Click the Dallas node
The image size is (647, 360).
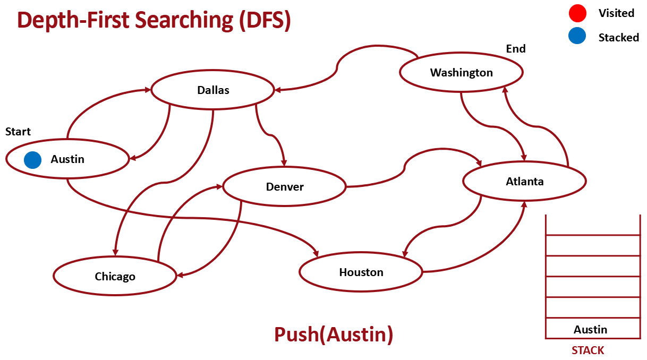click(x=213, y=90)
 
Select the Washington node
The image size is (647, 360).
click(x=461, y=73)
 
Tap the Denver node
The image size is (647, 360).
click(x=285, y=186)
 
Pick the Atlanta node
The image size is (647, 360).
click(x=524, y=182)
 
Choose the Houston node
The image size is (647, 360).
click(x=361, y=272)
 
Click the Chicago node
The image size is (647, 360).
click(x=115, y=277)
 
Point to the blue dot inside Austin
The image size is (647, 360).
click(x=33, y=159)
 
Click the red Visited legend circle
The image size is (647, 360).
click(x=577, y=13)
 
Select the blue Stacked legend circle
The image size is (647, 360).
click(x=577, y=36)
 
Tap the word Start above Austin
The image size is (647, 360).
click(x=18, y=132)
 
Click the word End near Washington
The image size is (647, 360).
click(x=515, y=49)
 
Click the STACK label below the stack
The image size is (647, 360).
click(x=588, y=350)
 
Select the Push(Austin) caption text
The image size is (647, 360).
click(x=334, y=335)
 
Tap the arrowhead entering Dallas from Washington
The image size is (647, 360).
click(x=277, y=90)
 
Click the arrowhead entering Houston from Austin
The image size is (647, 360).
click(x=316, y=254)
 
